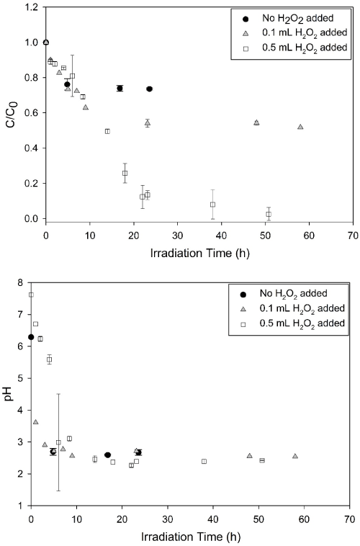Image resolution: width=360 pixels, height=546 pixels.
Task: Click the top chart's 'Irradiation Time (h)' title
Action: click(x=199, y=253)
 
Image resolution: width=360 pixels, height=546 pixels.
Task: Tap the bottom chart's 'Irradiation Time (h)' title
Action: click(x=191, y=537)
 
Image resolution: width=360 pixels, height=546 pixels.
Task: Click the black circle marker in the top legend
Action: click(x=246, y=18)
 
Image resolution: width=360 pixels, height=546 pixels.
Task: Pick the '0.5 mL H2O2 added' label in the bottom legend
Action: click(x=302, y=323)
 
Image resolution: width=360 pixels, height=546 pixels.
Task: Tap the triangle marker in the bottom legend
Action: click(x=243, y=308)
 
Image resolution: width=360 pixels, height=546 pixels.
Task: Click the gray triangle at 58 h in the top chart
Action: click(x=300, y=127)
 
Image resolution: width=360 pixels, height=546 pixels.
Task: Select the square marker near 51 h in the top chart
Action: click(x=269, y=214)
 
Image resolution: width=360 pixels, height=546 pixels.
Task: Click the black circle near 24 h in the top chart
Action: click(x=149, y=89)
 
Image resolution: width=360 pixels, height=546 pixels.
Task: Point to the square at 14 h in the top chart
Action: click(x=107, y=131)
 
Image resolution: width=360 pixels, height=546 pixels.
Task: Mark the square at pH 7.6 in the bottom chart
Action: click(x=31, y=295)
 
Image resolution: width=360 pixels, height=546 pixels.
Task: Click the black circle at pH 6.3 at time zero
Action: click(x=31, y=337)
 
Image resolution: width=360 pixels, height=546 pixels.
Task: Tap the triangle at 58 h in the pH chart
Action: click(x=295, y=456)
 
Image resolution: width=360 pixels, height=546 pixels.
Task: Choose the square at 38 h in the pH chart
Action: click(x=204, y=462)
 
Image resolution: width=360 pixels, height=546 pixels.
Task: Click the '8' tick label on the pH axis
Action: click(x=21, y=283)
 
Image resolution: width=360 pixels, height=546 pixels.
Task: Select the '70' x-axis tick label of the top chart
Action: click(x=353, y=236)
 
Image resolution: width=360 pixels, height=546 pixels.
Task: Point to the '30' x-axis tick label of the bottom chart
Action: click(x=168, y=519)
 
